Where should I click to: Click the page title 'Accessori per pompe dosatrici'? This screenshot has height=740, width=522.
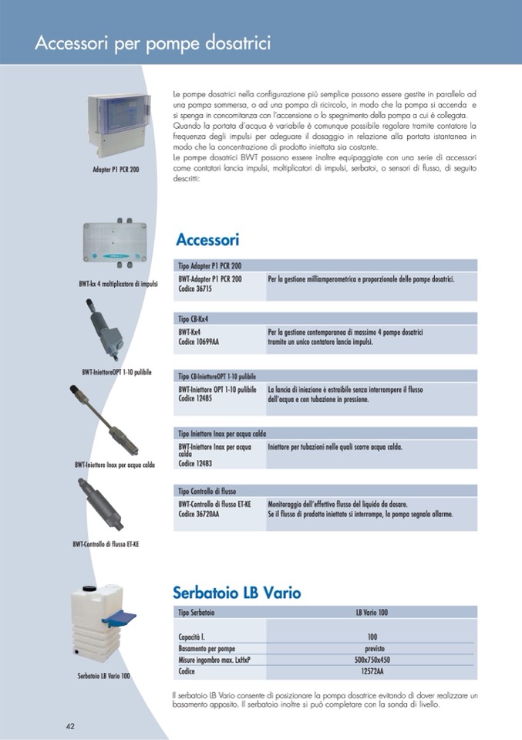point(152,43)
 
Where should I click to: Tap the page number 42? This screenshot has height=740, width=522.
point(69,726)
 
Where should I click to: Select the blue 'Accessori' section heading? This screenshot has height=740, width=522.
point(207,239)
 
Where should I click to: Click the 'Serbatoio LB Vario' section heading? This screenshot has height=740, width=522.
point(236,593)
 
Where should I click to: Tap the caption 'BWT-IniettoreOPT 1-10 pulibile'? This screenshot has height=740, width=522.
point(116,372)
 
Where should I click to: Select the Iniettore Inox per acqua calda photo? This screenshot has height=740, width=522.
point(108,420)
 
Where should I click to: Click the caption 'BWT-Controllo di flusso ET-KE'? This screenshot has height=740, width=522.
point(106,544)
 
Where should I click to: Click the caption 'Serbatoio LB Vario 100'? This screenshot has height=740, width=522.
point(103,676)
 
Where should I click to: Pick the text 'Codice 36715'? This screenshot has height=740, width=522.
point(195,288)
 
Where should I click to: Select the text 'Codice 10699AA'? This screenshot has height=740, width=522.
point(198,342)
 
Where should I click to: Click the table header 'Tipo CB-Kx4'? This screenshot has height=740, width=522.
point(194,318)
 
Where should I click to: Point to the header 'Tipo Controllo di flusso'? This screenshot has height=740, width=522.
point(207,491)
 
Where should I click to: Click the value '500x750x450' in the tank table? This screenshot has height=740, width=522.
point(372,661)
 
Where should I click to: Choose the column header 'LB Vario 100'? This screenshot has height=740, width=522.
point(372,612)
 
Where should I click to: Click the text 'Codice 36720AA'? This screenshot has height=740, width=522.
point(198,514)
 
